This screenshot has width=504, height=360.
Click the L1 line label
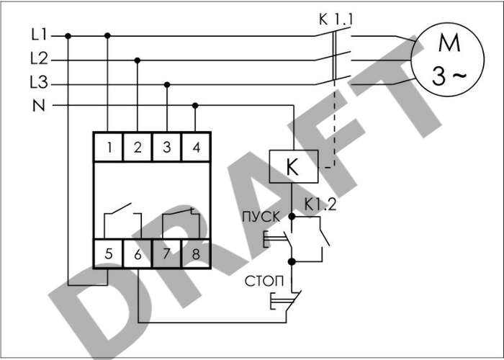click(38, 35)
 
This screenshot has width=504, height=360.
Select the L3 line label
click(39, 84)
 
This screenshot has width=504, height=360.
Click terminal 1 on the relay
click(108, 148)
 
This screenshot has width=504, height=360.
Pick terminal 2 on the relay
click(138, 148)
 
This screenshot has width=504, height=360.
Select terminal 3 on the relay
click(166, 148)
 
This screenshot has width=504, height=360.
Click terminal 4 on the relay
click(196, 148)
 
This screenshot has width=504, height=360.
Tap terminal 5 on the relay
click(108, 253)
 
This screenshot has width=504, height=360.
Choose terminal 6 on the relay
click(138, 253)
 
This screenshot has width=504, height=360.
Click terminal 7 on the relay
click(166, 253)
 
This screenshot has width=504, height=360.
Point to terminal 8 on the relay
click(196, 253)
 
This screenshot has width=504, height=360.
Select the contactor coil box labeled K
click(292, 166)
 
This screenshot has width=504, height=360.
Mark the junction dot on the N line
click(196, 105)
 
